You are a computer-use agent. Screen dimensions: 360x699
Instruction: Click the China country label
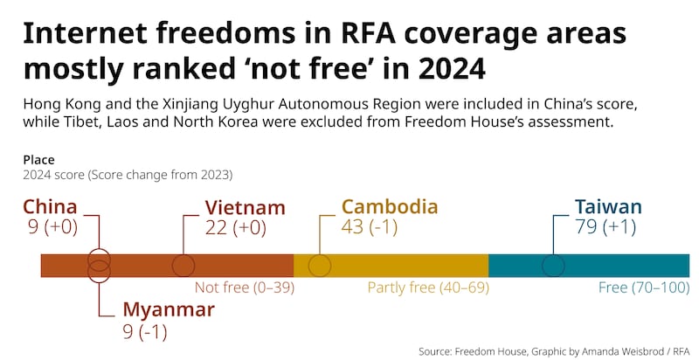50,207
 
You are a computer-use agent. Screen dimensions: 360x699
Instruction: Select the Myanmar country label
168,310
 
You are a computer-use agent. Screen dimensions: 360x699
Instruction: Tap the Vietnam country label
245,207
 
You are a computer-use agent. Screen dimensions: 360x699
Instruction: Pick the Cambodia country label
389,207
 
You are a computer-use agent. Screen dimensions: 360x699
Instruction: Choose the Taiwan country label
608,207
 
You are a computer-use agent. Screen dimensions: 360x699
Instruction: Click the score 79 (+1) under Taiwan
605,228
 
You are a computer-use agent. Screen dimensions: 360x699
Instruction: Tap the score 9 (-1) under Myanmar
145,331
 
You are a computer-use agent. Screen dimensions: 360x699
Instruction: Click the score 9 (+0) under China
52,228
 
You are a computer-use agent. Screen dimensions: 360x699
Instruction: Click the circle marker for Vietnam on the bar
183,266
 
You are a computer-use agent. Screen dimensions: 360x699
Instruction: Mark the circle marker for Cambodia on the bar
320,266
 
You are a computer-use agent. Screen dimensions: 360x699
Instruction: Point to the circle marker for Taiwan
553,266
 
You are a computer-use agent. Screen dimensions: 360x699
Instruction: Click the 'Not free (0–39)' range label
244,287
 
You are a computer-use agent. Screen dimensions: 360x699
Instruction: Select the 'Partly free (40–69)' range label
427,287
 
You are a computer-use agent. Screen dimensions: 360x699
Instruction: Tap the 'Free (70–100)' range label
644,287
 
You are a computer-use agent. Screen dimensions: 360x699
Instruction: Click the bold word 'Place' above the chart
38,160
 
